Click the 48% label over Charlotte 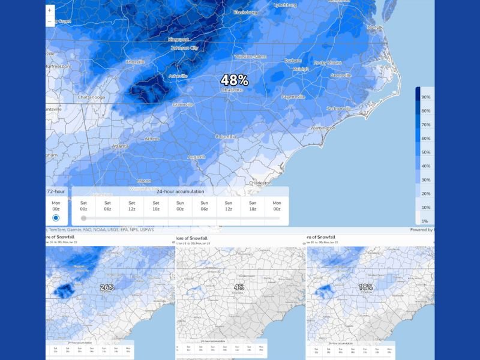[x=234, y=80]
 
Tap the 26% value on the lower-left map [x=107, y=287]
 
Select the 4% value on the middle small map [x=239, y=287]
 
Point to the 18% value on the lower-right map [x=365, y=287]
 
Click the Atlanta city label [x=120, y=146]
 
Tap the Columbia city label [x=226, y=136]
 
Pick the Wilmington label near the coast [x=322, y=128]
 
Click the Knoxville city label [x=135, y=62]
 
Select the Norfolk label [x=375, y=27]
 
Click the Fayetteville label [x=293, y=97]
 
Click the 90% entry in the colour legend [x=425, y=97]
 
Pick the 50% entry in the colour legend [x=425, y=152]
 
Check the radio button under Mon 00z [x=56, y=218]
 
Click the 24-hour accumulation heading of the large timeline [x=180, y=191]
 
